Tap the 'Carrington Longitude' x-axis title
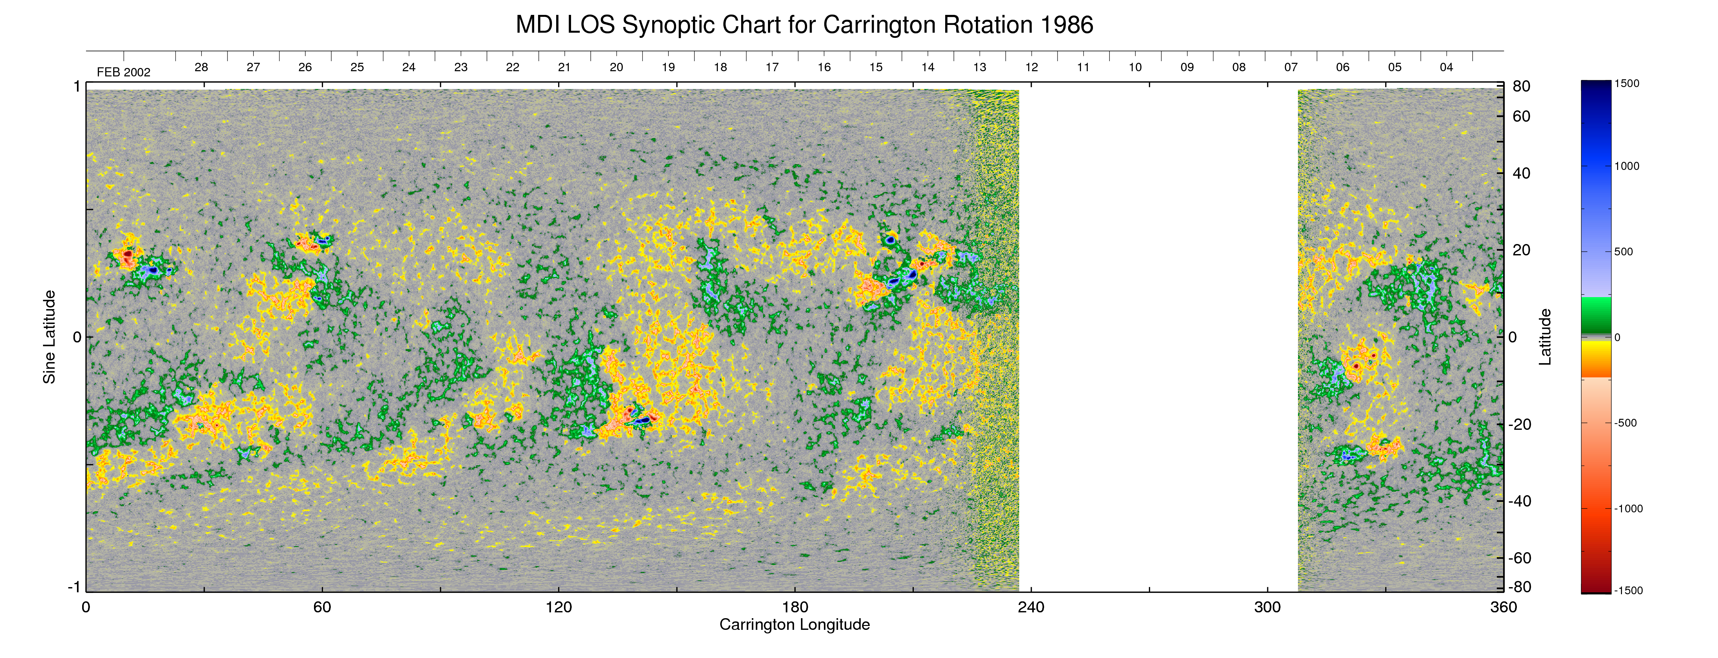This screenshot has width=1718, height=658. coord(794,625)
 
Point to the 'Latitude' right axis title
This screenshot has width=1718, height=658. coord(1545,337)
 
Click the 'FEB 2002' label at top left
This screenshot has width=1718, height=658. coord(124,72)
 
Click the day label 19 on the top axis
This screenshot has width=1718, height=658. coord(668,67)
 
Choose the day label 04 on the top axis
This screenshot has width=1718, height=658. coord(1446,67)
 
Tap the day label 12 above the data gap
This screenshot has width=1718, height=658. coord(1032,67)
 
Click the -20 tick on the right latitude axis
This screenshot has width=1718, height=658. coord(1520,424)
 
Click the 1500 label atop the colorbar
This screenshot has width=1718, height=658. coord(1626,84)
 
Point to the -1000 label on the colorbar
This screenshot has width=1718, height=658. coord(1628,508)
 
